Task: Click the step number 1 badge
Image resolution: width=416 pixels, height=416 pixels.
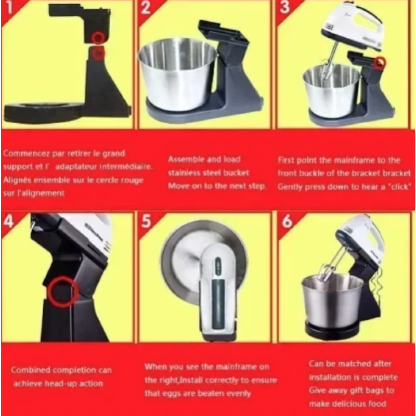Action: pyautogui.click(x=9, y=7)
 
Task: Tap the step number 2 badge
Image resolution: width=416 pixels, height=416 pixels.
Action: pyautogui.click(x=146, y=7)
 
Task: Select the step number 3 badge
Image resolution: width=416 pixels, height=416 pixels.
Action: pyautogui.click(x=284, y=7)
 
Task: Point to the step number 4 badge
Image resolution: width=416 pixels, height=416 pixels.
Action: pyautogui.click(x=8, y=220)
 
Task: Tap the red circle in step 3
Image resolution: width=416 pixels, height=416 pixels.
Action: pyautogui.click(x=380, y=62)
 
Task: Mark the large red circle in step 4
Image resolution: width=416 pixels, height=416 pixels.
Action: pyautogui.click(x=62, y=292)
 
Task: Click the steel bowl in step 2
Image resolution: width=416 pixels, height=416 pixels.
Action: pyautogui.click(x=177, y=74)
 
